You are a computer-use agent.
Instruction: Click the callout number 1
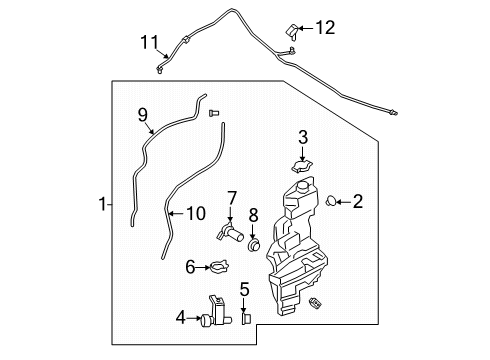tap(102, 205)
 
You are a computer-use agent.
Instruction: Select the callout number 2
tap(357, 202)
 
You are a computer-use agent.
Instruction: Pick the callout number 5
tap(244, 290)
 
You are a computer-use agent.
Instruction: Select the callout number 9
tap(142, 114)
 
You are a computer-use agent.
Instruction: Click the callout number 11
tap(149, 42)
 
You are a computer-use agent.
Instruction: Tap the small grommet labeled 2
tap(330, 203)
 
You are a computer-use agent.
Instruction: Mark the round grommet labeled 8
tap(253, 245)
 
